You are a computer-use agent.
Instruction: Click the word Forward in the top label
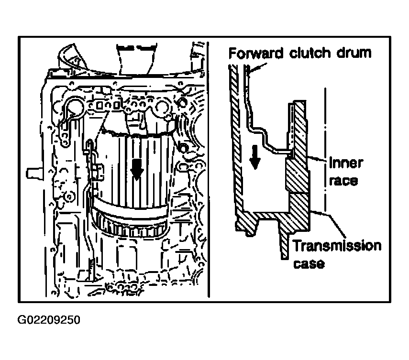[x=255, y=53]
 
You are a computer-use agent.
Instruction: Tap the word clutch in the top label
[x=310, y=53]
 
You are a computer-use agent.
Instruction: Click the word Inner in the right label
[x=346, y=163]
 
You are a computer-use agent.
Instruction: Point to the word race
[x=343, y=180]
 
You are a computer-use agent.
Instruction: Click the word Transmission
[x=337, y=246]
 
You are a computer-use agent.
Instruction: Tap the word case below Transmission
[x=309, y=263]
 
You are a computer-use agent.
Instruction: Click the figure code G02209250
[x=49, y=319]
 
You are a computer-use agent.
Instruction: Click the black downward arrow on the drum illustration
[x=137, y=169]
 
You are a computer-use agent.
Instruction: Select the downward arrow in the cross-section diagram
[x=255, y=157]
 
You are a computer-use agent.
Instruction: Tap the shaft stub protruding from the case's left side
[x=35, y=173]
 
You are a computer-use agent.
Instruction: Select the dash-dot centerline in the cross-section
[x=325, y=150]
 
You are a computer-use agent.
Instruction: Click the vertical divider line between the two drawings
[x=209, y=169]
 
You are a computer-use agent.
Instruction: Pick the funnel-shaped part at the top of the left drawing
[x=135, y=59]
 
